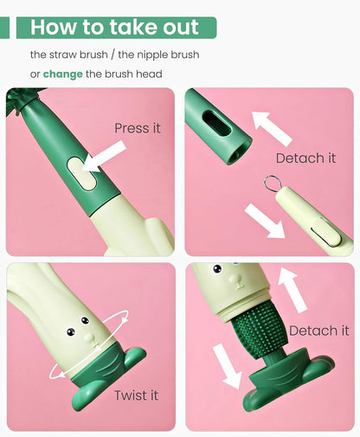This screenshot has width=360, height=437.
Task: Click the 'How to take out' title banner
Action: click(x=116, y=28)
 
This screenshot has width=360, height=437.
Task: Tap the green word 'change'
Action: click(x=63, y=74)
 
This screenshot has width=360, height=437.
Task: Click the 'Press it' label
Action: click(x=138, y=128)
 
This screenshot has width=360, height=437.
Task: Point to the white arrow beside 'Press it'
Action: click(x=104, y=157)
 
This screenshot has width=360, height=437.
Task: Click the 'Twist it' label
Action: click(x=136, y=395)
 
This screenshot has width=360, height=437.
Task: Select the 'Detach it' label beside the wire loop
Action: click(x=305, y=158)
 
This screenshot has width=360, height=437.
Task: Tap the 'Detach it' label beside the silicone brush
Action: click(x=319, y=331)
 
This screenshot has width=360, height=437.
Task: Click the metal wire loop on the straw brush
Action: click(x=271, y=183)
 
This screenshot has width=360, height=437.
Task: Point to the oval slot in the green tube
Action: click(x=216, y=124)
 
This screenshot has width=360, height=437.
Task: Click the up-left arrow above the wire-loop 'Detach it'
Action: click(x=272, y=128)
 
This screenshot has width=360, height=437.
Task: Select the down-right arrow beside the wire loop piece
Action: click(x=265, y=221)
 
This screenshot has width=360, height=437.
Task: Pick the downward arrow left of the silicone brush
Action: click(x=227, y=366)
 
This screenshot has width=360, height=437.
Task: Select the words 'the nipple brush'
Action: click(x=158, y=55)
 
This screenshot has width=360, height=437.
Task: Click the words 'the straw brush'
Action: click(x=69, y=55)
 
